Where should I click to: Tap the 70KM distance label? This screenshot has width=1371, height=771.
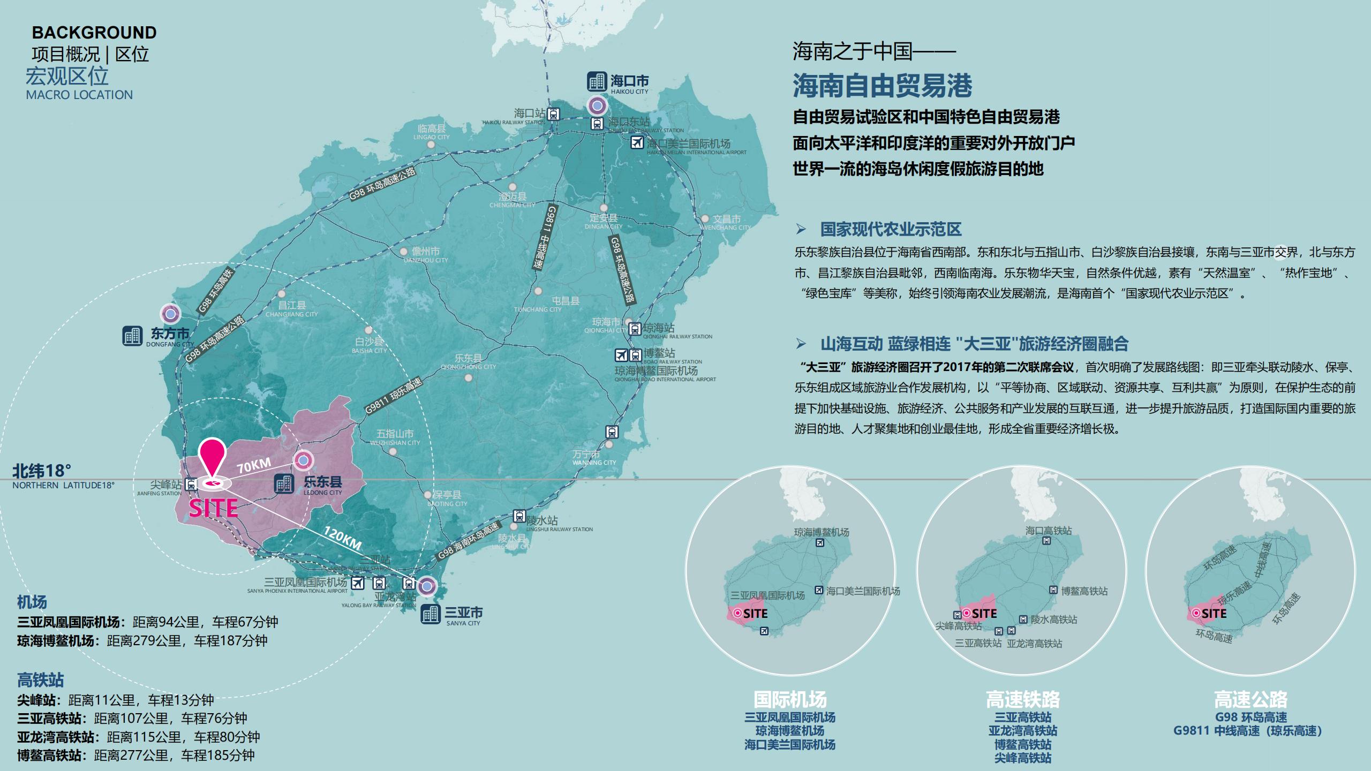pyautogui.click(x=254, y=465)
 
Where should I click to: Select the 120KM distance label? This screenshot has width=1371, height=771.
pyautogui.click(x=342, y=537)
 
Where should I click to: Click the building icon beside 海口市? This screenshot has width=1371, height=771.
pyautogui.click(x=597, y=81)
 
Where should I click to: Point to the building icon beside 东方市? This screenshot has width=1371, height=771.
pyautogui.click(x=132, y=336)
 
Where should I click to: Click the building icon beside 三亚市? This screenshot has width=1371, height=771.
pyautogui.click(x=431, y=614)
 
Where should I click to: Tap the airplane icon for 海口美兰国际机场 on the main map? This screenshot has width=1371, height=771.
pyautogui.click(x=637, y=142)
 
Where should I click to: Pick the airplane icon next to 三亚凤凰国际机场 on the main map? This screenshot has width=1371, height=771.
pyautogui.click(x=357, y=583)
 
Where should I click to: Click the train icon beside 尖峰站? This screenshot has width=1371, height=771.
pyautogui.click(x=191, y=485)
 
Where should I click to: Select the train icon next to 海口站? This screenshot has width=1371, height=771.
pyautogui.click(x=554, y=114)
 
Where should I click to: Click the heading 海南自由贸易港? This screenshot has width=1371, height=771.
pyautogui.click(x=882, y=86)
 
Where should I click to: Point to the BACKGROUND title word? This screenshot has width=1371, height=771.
pyautogui.click(x=94, y=33)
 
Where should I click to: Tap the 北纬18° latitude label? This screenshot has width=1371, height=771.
pyautogui.click(x=42, y=471)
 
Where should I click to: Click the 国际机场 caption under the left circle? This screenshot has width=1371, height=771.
pyautogui.click(x=790, y=699)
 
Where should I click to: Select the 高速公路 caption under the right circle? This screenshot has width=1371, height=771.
pyautogui.click(x=1251, y=699)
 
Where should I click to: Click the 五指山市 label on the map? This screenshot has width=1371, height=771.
pyautogui.click(x=395, y=434)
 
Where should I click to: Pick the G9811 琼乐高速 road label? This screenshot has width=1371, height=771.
pyautogui.click(x=394, y=396)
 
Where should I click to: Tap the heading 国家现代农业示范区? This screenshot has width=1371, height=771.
pyautogui.click(x=891, y=230)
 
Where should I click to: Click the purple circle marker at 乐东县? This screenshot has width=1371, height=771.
pyautogui.click(x=303, y=459)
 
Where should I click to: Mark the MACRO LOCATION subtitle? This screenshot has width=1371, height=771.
pyautogui.click(x=79, y=95)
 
